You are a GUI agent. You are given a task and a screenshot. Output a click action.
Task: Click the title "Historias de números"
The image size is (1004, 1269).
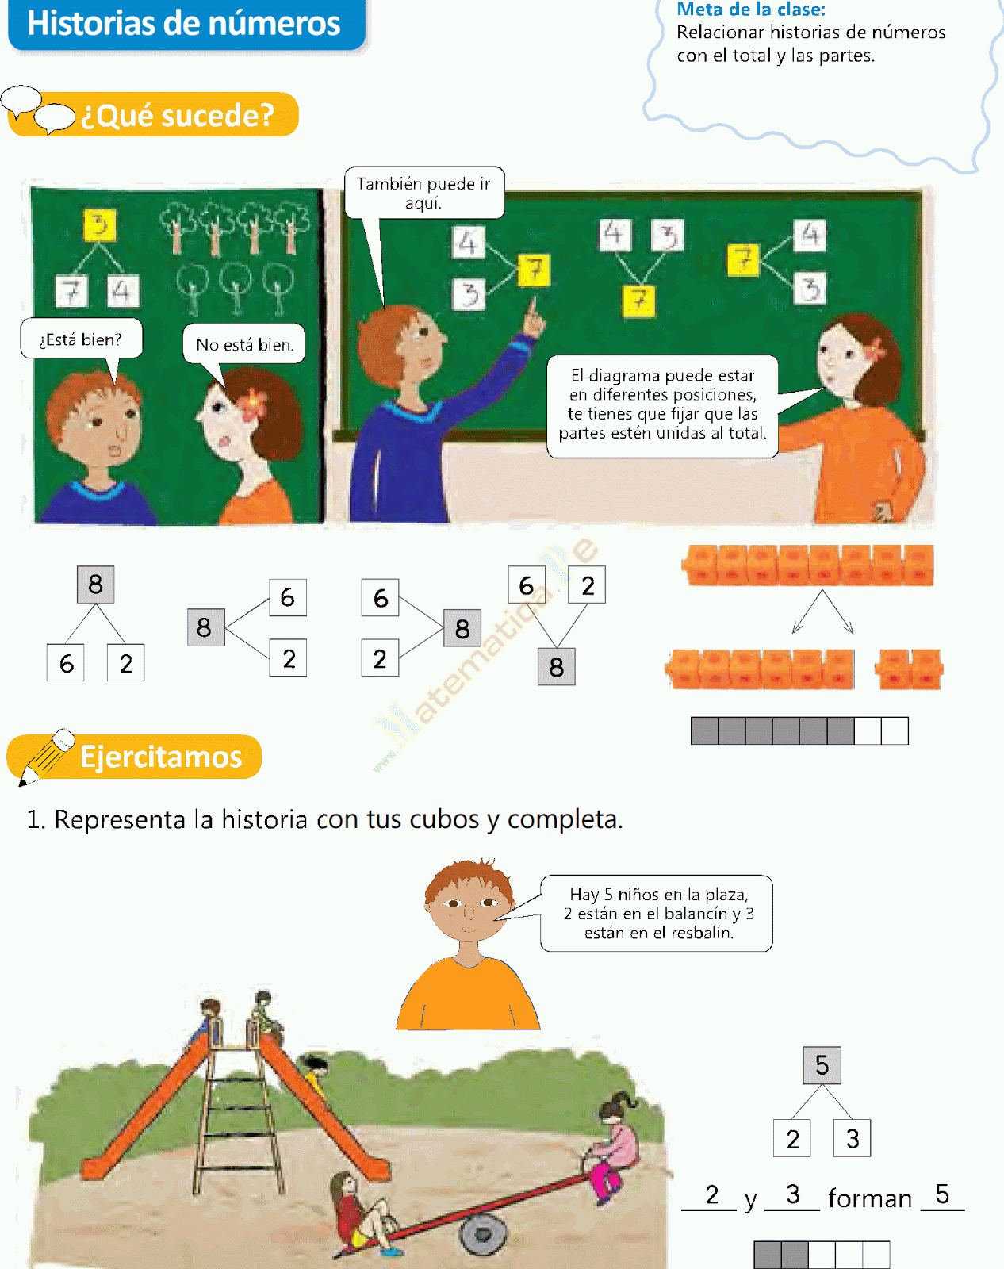coord(184,24)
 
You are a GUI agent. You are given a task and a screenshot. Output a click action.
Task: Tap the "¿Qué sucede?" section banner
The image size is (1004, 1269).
coord(177,116)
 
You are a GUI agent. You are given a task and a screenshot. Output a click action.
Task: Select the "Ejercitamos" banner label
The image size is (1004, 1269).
coord(161,757)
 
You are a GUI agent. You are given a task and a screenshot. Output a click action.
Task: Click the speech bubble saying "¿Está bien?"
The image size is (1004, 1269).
coord(81,339)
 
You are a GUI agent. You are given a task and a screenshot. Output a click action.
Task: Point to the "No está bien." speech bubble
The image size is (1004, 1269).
coord(244,344)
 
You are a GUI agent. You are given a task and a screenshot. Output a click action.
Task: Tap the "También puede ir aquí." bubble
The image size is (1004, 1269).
coord(423,193)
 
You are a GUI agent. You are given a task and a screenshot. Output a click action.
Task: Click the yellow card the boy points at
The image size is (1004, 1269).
coord(534,270)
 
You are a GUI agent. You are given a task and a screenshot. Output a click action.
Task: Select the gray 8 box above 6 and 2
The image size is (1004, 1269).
coord(96,585)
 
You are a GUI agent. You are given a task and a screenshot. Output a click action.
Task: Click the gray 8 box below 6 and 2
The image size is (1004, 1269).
coord(556,667)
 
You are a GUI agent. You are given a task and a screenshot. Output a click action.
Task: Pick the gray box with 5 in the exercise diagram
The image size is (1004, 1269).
coord(822,1065)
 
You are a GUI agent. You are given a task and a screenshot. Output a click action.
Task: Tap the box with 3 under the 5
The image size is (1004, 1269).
coord(853,1139)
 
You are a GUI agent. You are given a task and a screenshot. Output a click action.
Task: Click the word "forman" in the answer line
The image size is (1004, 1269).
coord(870,1198)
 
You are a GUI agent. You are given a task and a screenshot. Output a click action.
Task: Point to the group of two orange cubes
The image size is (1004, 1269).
coord(909,669)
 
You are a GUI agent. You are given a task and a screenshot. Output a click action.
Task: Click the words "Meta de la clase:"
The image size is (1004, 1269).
coord(751,10)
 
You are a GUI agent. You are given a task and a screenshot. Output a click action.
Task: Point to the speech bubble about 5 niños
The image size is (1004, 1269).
coord(657,914)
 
